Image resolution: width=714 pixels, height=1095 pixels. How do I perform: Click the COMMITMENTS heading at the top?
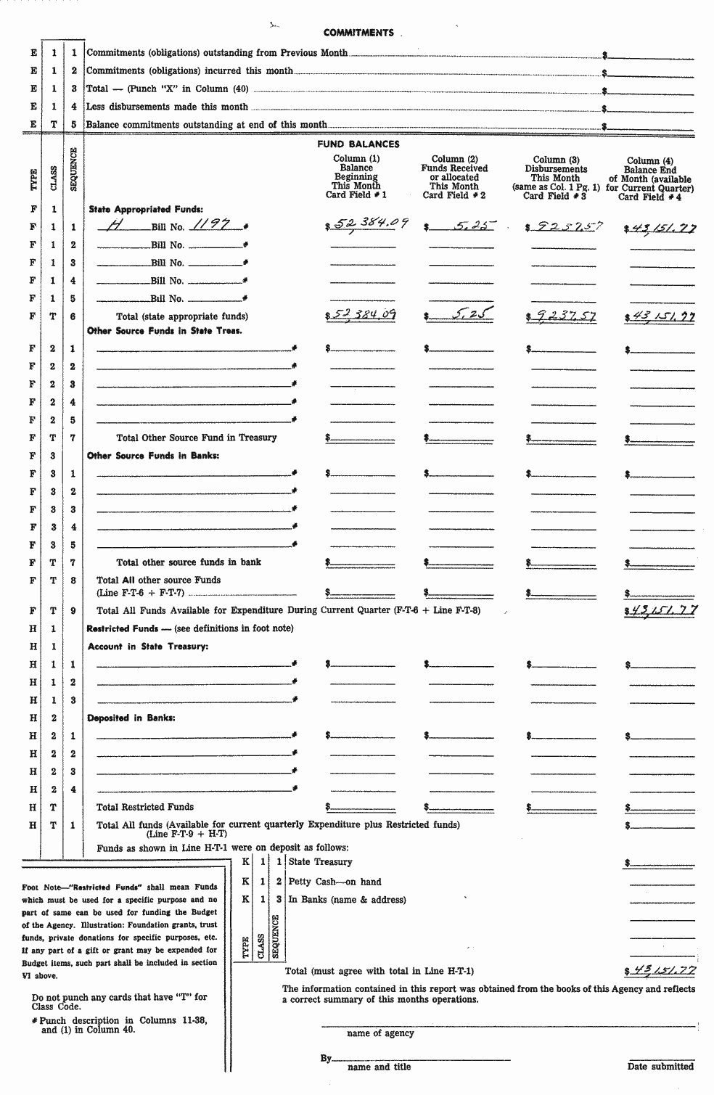coord(358,33)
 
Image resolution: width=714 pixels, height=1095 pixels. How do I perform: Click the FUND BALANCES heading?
coord(358,144)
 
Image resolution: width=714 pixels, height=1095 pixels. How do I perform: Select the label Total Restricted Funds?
coord(145,807)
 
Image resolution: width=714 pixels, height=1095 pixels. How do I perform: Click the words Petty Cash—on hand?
coord(335,882)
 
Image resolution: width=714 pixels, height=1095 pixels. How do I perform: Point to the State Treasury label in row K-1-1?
coord(320,862)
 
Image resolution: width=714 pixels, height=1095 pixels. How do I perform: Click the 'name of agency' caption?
coord(380,1033)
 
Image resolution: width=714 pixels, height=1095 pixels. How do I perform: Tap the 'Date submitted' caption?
coord(660,1067)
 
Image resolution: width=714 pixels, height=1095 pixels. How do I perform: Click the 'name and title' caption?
coord(379,1067)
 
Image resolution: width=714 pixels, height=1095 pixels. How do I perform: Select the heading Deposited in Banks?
coord(131,718)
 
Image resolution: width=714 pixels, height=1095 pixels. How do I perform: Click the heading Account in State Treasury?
coord(148,647)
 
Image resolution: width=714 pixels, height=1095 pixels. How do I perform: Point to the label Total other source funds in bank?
coord(189,562)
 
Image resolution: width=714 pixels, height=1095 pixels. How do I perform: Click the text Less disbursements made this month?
coord(167,107)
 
